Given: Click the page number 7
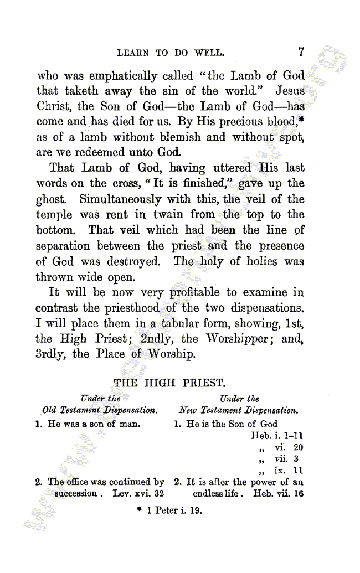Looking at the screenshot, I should (301, 53).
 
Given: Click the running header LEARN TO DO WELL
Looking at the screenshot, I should (171, 54).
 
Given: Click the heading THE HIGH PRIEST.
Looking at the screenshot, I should (169, 382).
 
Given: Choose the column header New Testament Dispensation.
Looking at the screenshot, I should (239, 411).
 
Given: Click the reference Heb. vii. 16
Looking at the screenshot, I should (278, 493).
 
